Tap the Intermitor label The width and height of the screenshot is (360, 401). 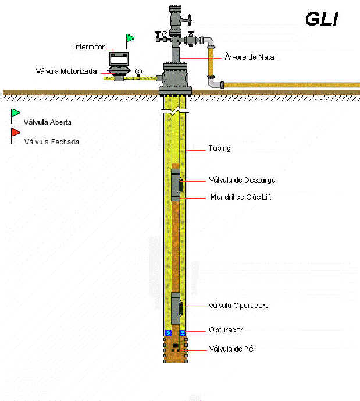click(88, 47)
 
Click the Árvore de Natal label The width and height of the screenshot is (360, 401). click(249, 57)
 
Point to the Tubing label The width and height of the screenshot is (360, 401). click(219, 148)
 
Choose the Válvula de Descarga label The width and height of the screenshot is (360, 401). click(241, 180)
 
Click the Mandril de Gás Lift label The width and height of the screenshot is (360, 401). click(240, 197)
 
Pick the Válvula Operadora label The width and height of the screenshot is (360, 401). click(238, 305)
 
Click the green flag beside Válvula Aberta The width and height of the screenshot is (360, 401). click(15, 113)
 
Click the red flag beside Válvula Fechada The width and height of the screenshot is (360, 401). click(15, 133)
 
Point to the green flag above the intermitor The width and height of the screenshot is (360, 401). click(130, 39)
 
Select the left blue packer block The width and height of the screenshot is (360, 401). click(168, 333)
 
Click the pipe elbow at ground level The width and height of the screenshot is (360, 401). click(215, 85)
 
